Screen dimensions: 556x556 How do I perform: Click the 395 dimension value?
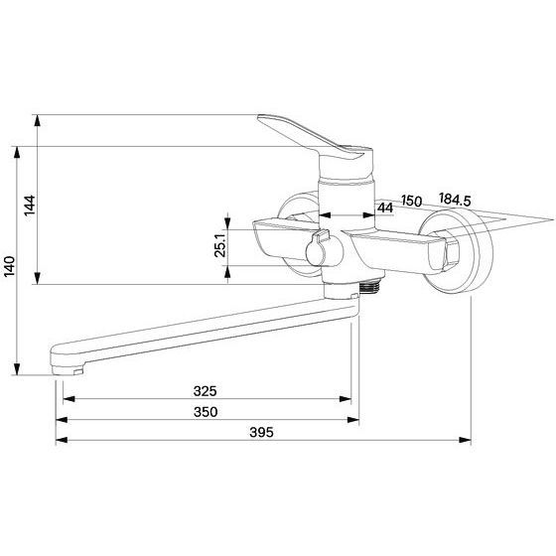(261, 432)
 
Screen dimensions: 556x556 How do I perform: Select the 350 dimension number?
(206, 412)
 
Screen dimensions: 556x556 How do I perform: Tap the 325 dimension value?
(205, 391)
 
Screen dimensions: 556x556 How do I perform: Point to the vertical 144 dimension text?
(30, 206)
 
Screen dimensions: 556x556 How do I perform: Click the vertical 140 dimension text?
(10, 266)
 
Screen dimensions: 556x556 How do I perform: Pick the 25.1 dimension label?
(220, 245)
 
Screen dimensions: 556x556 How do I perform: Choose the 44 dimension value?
(385, 208)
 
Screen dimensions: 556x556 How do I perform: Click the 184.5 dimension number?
(455, 200)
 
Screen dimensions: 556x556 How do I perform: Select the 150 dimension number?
(412, 201)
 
